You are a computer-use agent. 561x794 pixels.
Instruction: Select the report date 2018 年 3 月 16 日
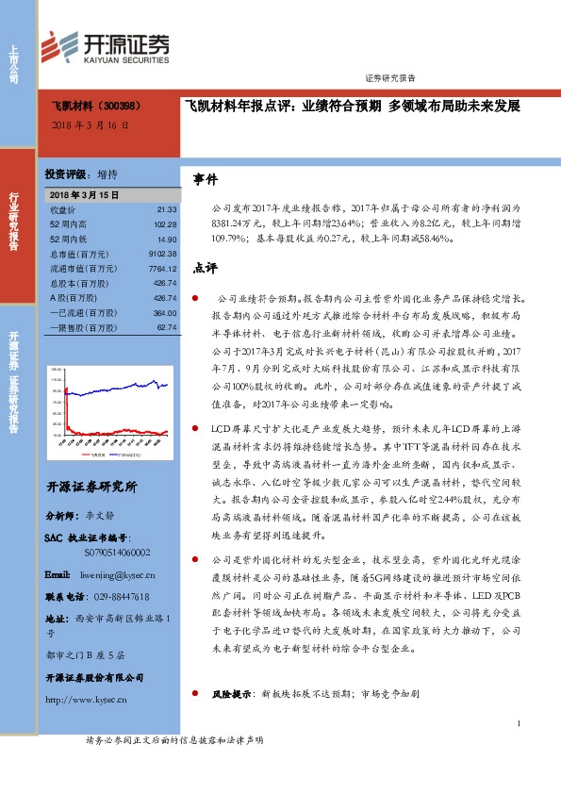tap(89, 124)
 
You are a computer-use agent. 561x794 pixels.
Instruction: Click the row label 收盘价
tap(62, 209)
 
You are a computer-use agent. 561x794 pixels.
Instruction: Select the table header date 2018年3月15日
tap(84, 193)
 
